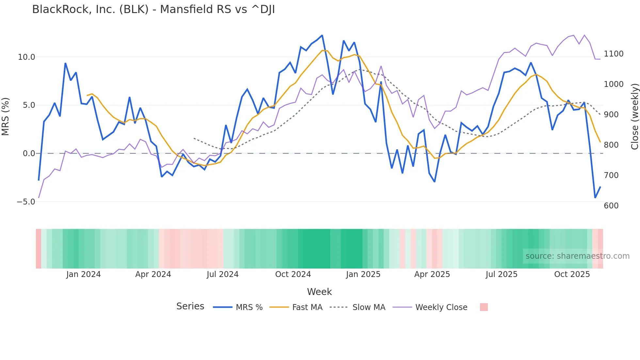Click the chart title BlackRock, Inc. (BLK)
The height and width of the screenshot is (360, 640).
point(153,9)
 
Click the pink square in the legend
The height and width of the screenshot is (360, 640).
point(484,307)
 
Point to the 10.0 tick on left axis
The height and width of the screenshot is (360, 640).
point(26,57)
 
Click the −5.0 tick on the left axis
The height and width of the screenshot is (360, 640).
point(25,202)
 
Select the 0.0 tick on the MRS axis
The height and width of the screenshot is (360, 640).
point(29,154)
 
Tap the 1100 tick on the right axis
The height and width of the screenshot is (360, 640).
point(614,54)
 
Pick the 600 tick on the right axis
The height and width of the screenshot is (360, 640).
point(611,206)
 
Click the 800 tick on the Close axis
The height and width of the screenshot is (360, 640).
point(611,145)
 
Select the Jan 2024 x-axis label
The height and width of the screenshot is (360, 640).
point(83,274)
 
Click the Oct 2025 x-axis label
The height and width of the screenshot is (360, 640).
point(572,274)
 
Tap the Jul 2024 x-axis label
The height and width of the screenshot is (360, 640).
point(222,274)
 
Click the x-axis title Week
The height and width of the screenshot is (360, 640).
point(319,292)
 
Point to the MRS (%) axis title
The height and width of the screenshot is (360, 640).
point(6,117)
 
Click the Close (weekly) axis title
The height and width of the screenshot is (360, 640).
point(634,117)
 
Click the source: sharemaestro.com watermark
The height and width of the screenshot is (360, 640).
point(577,256)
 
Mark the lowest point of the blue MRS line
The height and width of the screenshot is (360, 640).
point(595,198)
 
